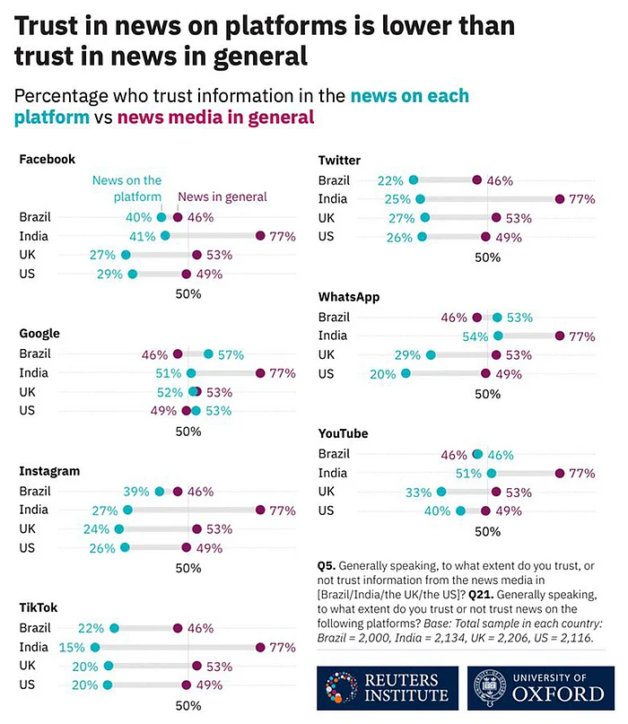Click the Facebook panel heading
[47, 160]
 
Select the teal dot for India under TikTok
[95, 646]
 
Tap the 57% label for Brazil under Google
[231, 354]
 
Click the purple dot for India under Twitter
[560, 199]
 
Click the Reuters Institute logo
[387, 688]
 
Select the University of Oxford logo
[536, 688]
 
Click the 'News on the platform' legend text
[126, 188]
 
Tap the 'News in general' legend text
[222, 197]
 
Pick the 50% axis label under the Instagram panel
[188, 568]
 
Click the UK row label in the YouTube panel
[328, 492]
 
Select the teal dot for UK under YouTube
[440, 492]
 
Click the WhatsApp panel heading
[348, 297]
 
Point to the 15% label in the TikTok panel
[71, 646]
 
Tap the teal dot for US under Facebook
[133, 274]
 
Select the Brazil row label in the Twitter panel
[334, 180]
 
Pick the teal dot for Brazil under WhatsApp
[497, 318]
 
